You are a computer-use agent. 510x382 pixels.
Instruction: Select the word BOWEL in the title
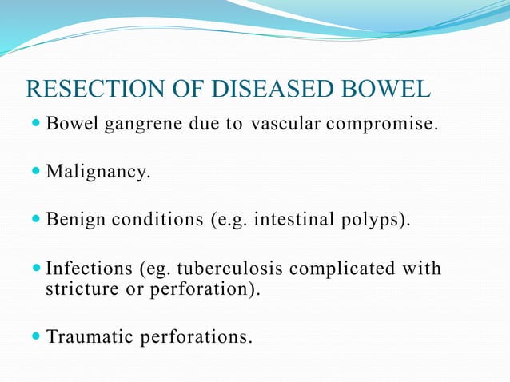392,89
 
